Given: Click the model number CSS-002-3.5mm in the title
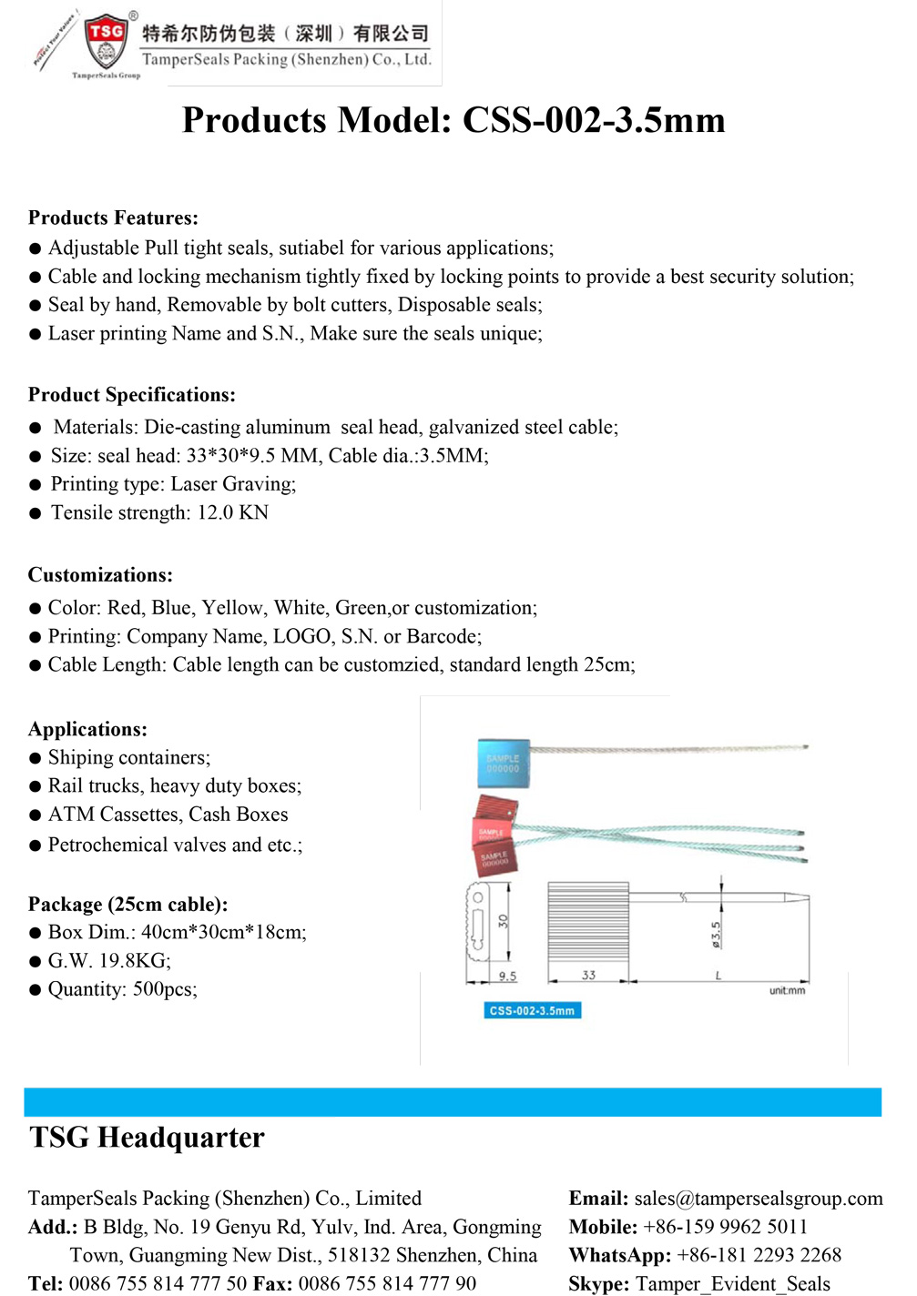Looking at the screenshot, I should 594,121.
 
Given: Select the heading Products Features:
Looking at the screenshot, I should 113,218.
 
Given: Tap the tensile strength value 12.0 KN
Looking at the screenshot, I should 232,512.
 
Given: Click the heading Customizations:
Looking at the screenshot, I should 100,575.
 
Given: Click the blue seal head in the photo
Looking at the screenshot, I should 503,763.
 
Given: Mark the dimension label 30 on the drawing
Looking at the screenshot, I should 503,921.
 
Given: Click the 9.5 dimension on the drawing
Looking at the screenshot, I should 507,977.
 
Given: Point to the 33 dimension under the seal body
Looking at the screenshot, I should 588,976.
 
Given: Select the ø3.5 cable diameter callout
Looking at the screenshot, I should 716,934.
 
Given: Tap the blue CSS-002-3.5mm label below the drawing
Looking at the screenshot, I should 532,1010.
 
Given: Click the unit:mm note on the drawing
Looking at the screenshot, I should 787,990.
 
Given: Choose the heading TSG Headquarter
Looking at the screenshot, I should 147,1138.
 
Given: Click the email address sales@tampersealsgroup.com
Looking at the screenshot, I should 758,1199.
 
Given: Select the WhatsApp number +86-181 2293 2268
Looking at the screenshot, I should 759,1255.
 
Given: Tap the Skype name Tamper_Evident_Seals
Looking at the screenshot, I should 732,1283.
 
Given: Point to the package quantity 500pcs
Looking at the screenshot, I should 165,989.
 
